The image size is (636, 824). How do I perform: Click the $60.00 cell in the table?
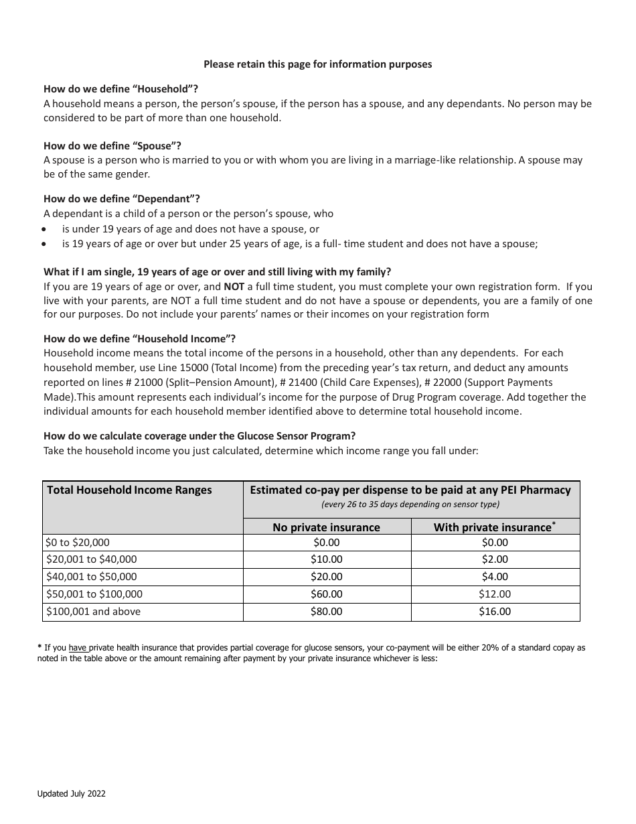coord(326,594)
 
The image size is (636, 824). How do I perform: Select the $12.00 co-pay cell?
coord(495,594)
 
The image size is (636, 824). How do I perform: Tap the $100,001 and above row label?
coord(93,612)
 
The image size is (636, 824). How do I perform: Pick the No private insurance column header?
coord(326,527)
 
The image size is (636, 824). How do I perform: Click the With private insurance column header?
coord(494,527)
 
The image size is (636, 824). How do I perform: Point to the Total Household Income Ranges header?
coord(129,490)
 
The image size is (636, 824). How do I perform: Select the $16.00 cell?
coord(495,612)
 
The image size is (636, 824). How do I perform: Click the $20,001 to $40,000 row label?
coord(91,559)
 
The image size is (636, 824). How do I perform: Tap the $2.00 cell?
coord(495,559)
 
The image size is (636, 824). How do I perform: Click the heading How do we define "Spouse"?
coord(112,146)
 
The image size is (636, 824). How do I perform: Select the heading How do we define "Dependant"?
coord(122,199)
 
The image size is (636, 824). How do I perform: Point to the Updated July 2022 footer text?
coord(71,794)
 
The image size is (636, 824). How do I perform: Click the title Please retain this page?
coord(317,64)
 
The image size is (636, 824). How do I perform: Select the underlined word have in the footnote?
coord(78,648)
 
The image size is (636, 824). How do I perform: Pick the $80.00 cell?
coord(326,612)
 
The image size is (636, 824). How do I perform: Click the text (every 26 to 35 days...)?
coord(410,504)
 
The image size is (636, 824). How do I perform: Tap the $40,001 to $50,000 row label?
coord(91,577)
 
